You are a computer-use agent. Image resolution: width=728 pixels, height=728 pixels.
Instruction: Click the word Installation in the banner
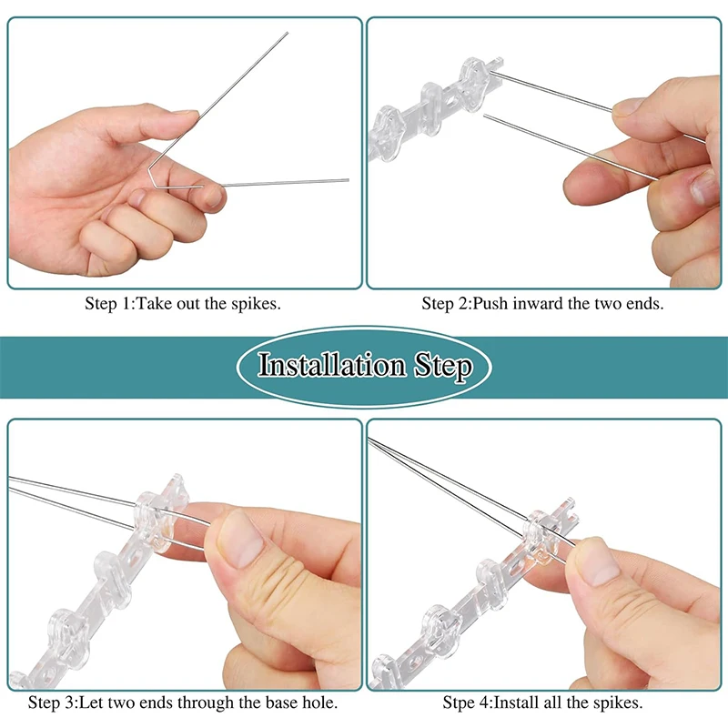(x=332, y=365)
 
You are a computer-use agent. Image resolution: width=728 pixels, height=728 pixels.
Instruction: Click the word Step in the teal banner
(x=443, y=367)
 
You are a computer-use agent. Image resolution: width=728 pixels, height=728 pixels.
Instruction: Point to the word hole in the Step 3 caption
(x=319, y=703)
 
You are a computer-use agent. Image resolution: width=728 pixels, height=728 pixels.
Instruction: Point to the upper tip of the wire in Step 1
(x=288, y=33)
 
